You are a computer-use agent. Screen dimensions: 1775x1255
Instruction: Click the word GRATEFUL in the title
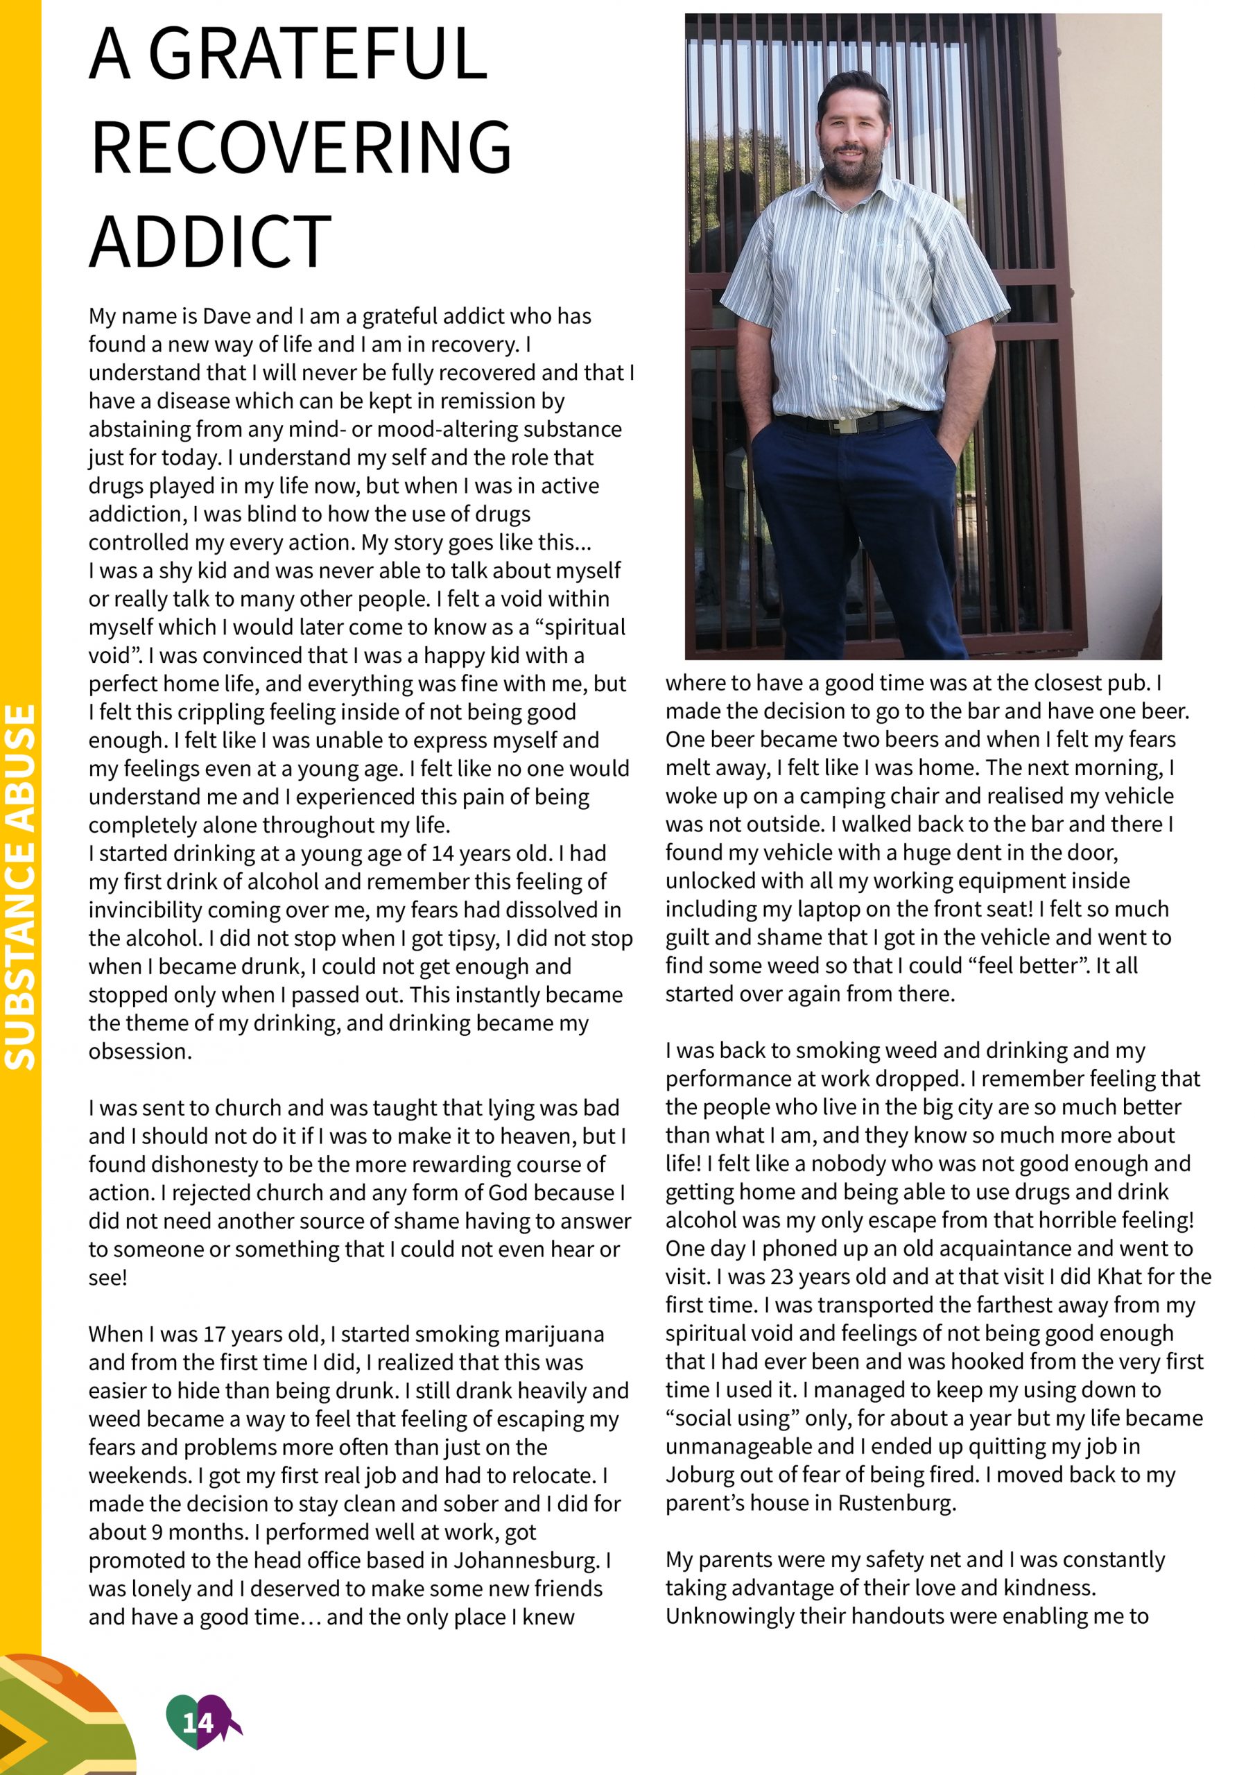317,54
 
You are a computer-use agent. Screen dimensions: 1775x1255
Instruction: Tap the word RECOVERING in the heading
301,147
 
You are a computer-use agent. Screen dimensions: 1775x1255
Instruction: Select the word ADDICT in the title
210,241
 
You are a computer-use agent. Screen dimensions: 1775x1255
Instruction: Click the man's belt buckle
844,424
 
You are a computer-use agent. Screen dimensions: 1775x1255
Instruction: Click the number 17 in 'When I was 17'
215,1333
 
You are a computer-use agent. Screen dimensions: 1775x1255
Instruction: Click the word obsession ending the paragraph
139,1051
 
